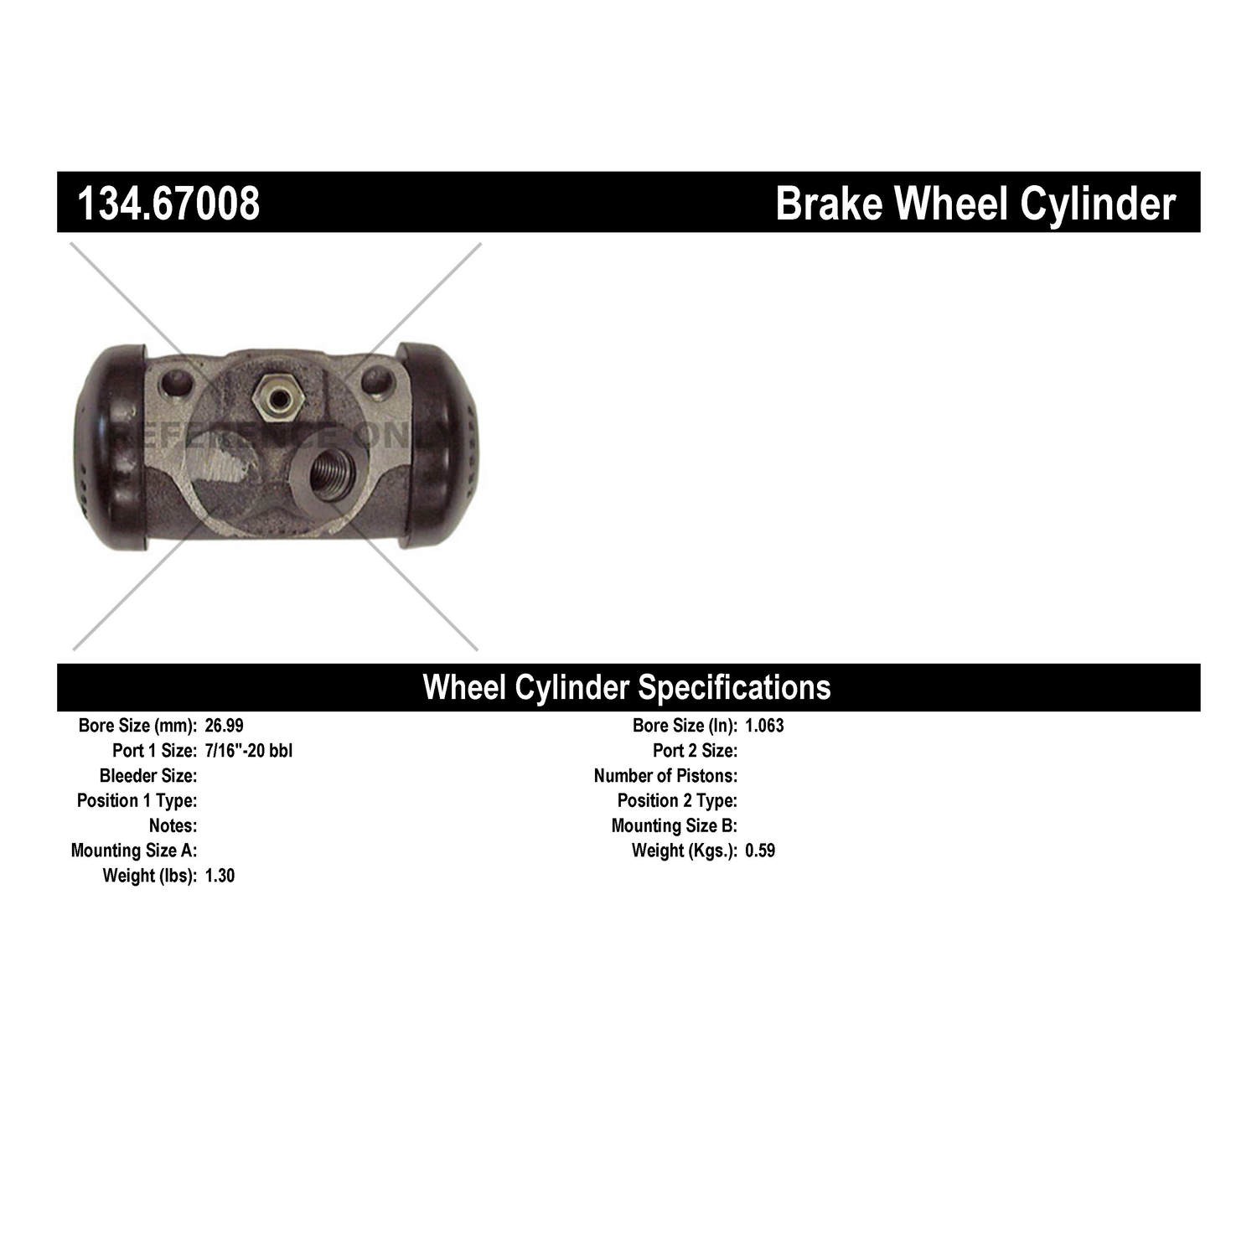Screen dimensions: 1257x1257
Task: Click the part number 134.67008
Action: [x=168, y=204]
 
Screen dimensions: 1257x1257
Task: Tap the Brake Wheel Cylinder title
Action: [x=975, y=204]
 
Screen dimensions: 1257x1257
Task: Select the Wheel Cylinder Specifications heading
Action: [x=627, y=687]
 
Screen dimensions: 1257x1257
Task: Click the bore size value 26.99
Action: [x=224, y=726]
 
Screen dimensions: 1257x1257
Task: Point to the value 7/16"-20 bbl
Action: [x=248, y=750]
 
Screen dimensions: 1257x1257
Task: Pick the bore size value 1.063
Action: [x=764, y=726]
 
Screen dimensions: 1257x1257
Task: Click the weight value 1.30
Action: [x=220, y=876]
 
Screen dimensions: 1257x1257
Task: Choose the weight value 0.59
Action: [x=760, y=851]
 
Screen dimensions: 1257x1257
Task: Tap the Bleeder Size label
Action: [x=148, y=775]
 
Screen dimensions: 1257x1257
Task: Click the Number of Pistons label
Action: [x=665, y=775]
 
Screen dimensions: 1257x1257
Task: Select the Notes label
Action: [x=173, y=825]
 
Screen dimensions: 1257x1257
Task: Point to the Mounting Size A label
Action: [x=134, y=851]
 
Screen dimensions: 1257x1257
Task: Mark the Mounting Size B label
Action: [x=675, y=825]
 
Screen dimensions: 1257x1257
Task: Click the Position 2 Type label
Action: [x=677, y=800]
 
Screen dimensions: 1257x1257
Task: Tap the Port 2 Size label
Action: [x=696, y=750]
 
